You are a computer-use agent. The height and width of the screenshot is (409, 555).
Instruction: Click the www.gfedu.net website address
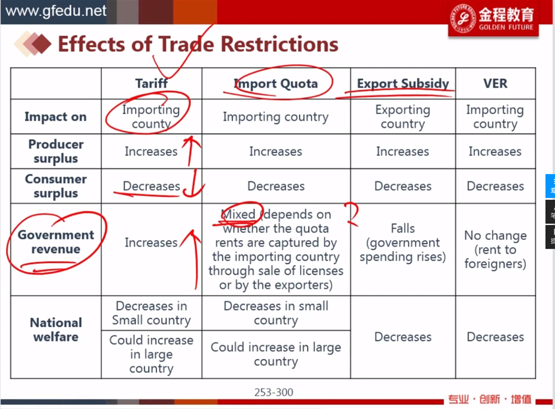pos(56,11)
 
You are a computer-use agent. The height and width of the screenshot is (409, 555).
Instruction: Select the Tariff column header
pos(151,84)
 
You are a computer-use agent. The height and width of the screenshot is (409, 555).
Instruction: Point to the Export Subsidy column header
pos(403,84)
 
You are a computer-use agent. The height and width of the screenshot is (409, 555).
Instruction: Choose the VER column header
pos(495,84)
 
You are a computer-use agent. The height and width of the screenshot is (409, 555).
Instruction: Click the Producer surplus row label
pos(56,151)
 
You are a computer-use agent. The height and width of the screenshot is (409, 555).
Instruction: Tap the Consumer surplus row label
pos(56,186)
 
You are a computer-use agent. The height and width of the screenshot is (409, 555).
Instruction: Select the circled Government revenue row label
pos(56,242)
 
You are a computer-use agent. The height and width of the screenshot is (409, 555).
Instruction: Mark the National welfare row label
pos(56,329)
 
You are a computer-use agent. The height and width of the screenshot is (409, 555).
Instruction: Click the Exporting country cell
pos(403,117)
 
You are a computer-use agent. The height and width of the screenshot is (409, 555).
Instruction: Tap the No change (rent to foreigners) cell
pos(495,250)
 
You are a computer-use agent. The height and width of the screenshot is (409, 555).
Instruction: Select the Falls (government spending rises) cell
pos(403,243)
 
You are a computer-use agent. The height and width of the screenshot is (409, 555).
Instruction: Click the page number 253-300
pos(273,392)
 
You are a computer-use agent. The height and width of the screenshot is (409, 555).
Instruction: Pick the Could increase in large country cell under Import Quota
pos(275,354)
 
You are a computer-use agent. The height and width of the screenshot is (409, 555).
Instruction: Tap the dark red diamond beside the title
pos(41,44)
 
